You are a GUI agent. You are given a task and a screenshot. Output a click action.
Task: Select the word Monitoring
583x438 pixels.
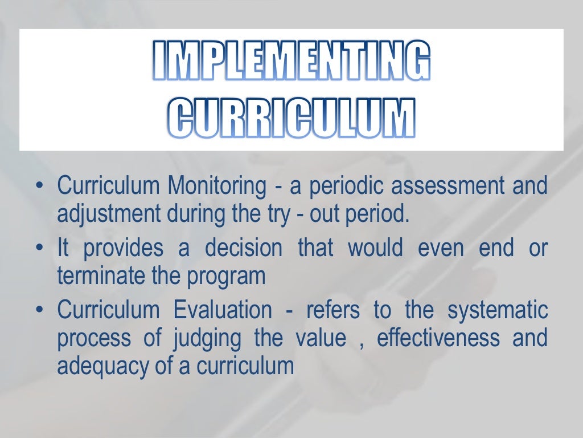tap(216, 186)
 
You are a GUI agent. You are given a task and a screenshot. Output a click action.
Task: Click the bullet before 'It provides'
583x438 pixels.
tap(39, 249)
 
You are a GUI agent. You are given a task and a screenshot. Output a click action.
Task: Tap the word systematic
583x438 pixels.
tap(498, 311)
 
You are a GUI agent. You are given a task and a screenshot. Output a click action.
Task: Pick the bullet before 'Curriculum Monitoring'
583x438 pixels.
tap(39, 186)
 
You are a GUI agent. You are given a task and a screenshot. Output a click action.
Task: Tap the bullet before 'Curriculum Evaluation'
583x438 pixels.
tap(39, 311)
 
